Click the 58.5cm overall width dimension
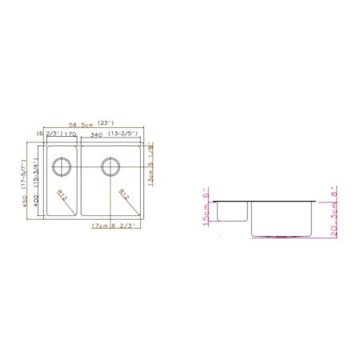click(81, 123)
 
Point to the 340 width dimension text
click(96, 134)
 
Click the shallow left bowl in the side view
click(231, 210)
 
